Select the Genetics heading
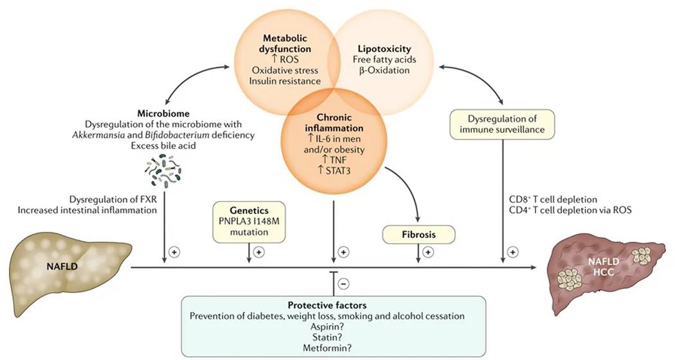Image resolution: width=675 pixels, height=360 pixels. [x=248, y=210]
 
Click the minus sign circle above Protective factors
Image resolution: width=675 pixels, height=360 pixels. [x=344, y=283]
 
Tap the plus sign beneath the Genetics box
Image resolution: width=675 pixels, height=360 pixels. [x=258, y=253]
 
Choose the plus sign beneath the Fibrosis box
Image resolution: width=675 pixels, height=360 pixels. [x=429, y=253]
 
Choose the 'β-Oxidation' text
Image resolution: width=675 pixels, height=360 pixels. [x=384, y=70]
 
